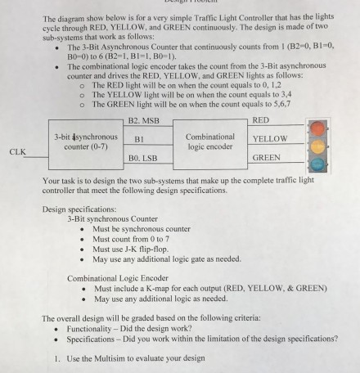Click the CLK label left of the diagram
[x=17, y=151]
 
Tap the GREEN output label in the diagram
[x=266, y=157]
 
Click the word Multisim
[x=117, y=357]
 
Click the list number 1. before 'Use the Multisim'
[x=56, y=357]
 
